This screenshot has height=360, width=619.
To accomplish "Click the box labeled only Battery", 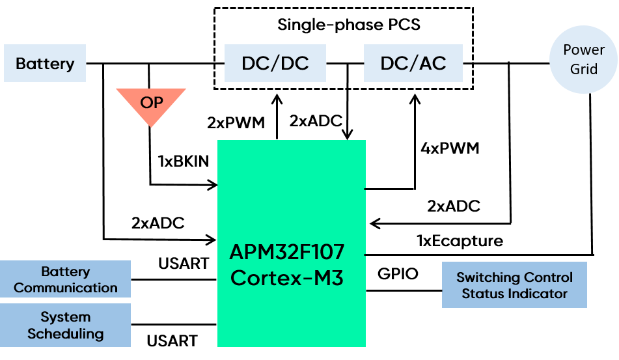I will [x=45, y=63].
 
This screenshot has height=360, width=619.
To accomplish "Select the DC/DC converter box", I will [x=275, y=63].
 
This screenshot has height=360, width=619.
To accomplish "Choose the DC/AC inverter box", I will [x=413, y=63].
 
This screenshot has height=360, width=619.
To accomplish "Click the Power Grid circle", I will [x=583, y=60].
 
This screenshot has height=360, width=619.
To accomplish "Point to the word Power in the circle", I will [x=583, y=50].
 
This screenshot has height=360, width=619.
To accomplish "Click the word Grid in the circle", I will [x=583, y=70].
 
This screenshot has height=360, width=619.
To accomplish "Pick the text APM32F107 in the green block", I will [x=287, y=252].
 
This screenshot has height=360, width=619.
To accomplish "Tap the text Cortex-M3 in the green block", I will [x=287, y=278].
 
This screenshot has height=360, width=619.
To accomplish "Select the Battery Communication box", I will [x=65, y=279].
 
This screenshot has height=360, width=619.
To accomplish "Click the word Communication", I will [x=65, y=288].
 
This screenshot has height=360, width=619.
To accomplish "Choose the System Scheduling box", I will [x=65, y=325].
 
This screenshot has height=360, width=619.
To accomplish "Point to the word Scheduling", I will [x=65, y=334].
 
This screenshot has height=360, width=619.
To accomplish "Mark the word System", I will [x=65, y=317].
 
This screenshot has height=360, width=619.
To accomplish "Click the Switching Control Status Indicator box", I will [x=514, y=285].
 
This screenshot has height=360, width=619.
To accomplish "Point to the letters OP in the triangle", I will [x=151, y=102].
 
